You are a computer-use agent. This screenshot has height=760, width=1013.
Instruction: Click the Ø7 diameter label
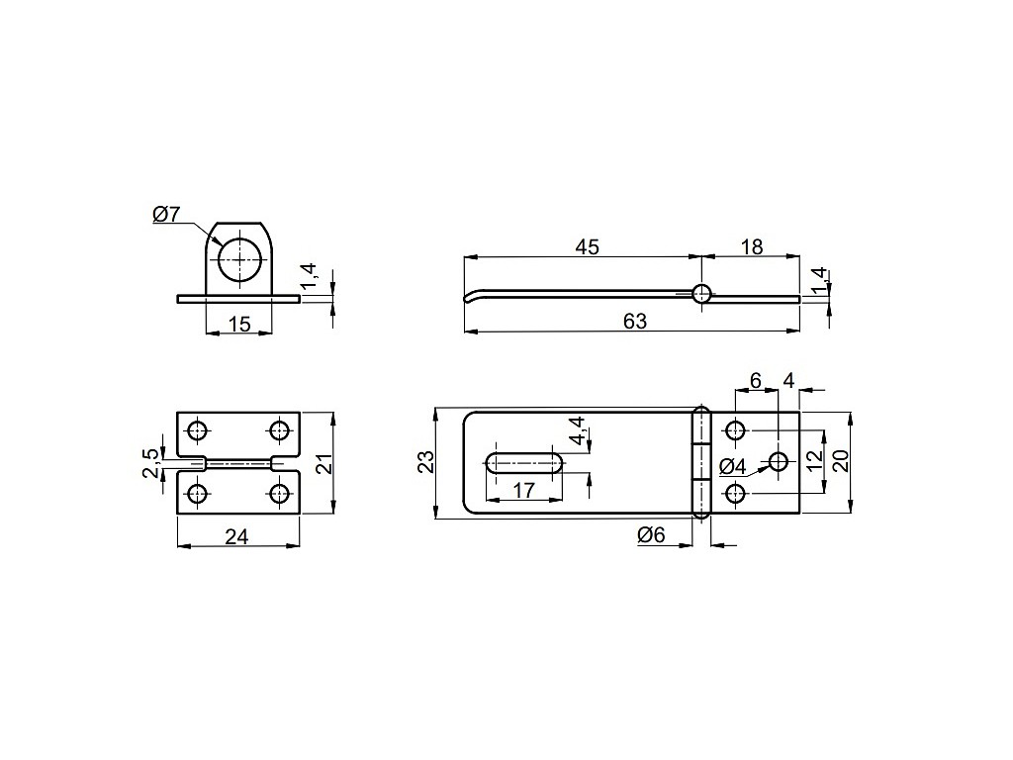coord(166,214)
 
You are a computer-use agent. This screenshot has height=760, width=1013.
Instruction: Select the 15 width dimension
coord(239,324)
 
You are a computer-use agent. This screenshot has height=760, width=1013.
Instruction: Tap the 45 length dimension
coord(588,246)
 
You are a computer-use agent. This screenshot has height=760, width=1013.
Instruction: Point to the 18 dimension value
coord(752,246)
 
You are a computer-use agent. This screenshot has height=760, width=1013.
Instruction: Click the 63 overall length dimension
coord(635,322)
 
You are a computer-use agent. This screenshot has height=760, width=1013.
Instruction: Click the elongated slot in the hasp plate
coord(525,465)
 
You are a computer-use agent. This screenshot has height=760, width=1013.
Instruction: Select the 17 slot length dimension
coord(524,491)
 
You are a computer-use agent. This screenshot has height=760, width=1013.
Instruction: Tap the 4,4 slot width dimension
coord(577,431)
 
